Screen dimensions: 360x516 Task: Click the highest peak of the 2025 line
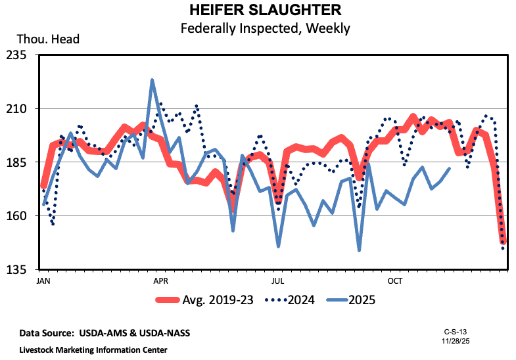152,80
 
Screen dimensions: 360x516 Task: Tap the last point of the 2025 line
450,168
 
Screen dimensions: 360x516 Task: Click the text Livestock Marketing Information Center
93,349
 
